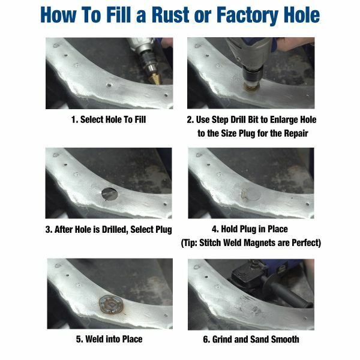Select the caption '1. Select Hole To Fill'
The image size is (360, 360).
(108, 119)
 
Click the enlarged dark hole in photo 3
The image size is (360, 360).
(110, 194)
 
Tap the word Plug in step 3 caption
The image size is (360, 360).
(161, 229)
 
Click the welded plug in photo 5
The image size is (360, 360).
(111, 304)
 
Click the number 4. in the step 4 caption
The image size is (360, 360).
(215, 229)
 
